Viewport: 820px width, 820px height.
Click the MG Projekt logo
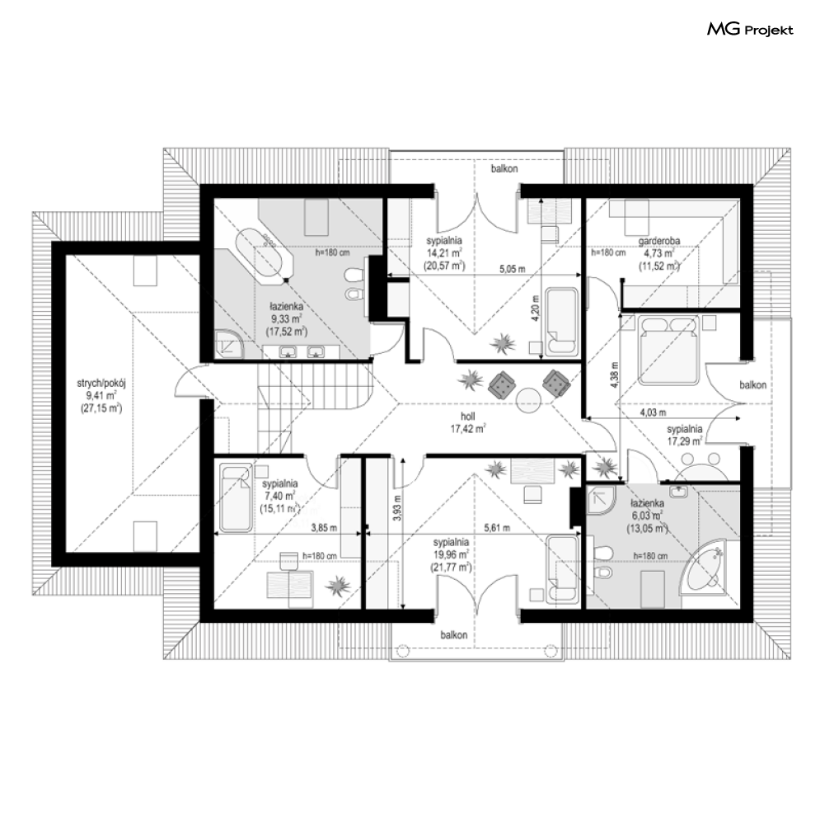point(750,30)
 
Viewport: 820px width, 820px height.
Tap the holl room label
point(467,417)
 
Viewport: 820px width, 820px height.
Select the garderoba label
point(659,242)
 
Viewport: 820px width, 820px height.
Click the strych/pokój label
point(101,384)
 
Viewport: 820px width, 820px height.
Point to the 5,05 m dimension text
point(512,269)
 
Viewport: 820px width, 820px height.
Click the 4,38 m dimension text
point(614,375)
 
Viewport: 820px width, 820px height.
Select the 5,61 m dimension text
point(497,528)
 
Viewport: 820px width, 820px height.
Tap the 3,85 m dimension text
point(324,528)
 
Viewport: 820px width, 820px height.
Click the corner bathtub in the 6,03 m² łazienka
point(705,572)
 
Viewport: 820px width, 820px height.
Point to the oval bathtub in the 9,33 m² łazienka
point(264,255)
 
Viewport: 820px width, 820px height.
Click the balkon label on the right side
point(752,385)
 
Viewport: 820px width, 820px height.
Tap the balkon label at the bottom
point(453,635)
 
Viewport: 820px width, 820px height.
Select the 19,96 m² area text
point(450,554)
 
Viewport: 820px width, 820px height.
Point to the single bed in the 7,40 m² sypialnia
point(236,498)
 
